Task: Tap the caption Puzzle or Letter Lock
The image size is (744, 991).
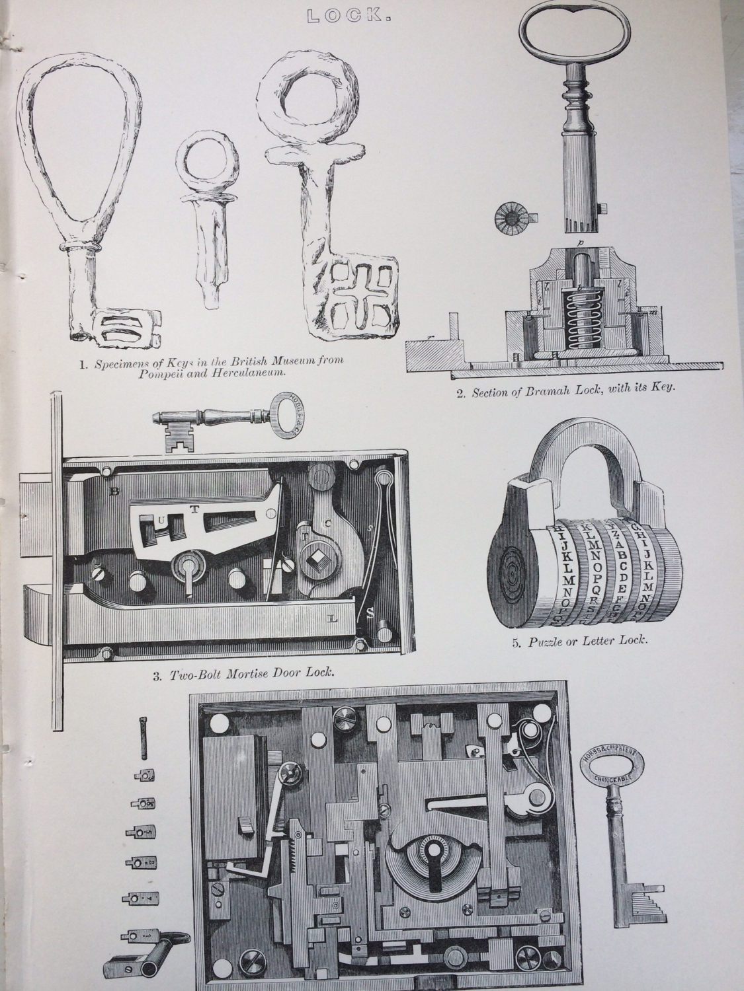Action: [x=581, y=640]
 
